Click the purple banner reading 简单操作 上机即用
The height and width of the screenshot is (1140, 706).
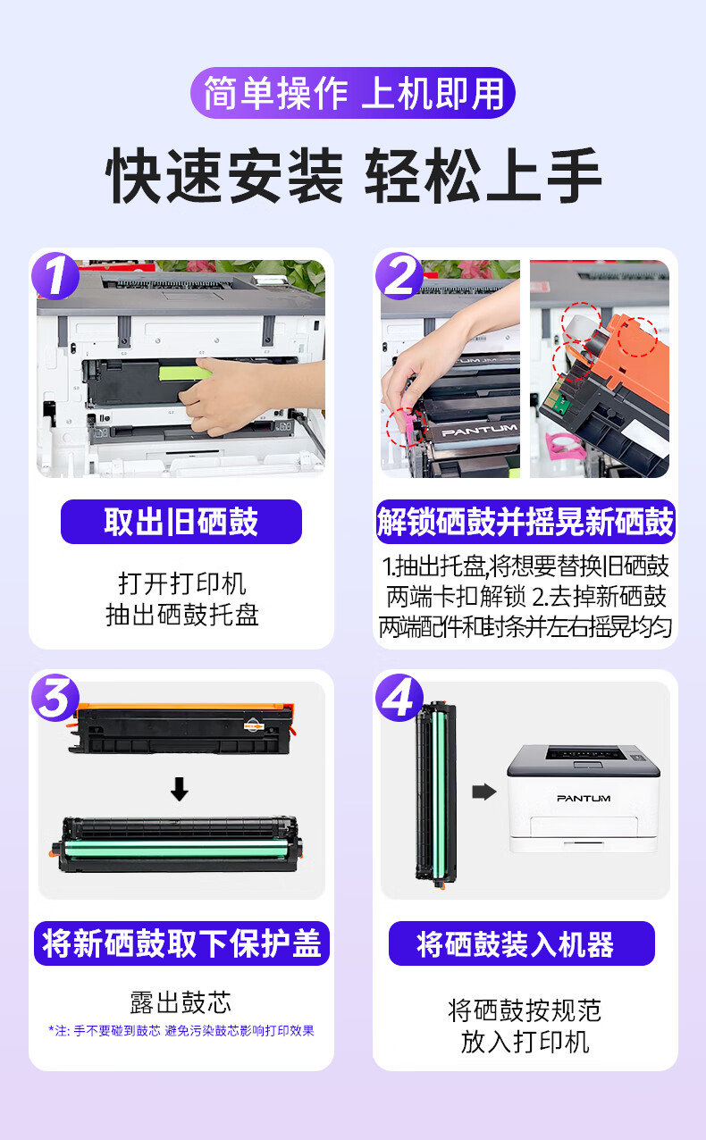[x=353, y=93]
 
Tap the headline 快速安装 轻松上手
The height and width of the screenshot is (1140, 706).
[x=353, y=176]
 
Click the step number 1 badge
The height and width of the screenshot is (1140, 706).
[x=55, y=275]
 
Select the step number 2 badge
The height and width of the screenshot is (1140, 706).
[x=399, y=275]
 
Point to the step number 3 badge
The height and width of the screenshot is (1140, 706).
[x=55, y=697]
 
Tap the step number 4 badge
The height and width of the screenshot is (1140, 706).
[x=399, y=697]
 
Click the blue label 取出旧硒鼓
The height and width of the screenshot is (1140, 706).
[x=181, y=522]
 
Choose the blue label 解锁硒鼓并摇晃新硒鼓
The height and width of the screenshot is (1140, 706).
[x=525, y=522]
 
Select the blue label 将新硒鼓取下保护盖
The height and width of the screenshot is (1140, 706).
[x=181, y=943]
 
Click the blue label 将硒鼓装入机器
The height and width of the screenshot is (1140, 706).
[x=522, y=943]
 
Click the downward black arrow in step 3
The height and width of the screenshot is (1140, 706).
[x=179, y=789]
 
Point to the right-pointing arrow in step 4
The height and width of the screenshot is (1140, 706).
[x=484, y=792]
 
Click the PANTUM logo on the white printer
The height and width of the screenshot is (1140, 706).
[x=584, y=798]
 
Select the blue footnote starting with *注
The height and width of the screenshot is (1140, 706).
[x=181, y=1031]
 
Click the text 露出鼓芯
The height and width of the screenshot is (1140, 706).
[x=181, y=1002]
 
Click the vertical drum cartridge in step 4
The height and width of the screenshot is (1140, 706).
[x=437, y=795]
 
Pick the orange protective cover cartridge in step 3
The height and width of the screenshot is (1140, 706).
[x=181, y=729]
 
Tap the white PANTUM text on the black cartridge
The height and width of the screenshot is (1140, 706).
[x=480, y=431]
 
